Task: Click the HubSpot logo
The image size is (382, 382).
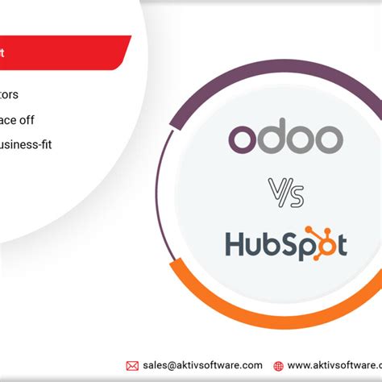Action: coord(286,243)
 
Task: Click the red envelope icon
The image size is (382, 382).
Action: coord(132,365)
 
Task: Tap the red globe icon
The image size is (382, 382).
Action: coord(279,365)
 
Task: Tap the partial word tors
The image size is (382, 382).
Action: coord(16,95)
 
